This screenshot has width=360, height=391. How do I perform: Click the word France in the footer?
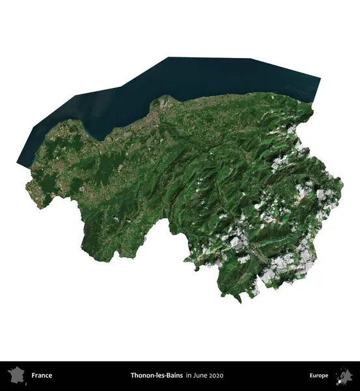[x=42, y=375]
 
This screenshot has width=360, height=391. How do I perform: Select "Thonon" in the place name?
[x=143, y=375]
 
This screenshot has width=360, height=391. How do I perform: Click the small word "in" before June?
[x=188, y=375]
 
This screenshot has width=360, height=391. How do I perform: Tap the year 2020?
[x=216, y=375]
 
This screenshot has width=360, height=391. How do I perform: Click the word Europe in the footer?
[x=319, y=375]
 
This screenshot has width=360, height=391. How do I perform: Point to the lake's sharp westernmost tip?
[x=18, y=164]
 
